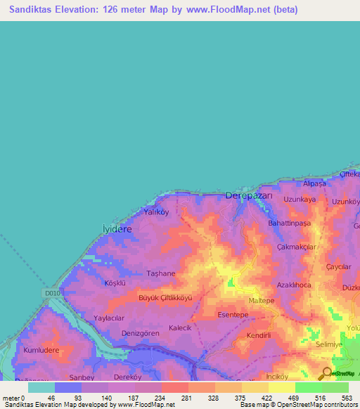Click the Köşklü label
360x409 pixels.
pyautogui.click(x=115, y=283)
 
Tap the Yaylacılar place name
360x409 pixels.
pyautogui.click(x=108, y=318)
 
